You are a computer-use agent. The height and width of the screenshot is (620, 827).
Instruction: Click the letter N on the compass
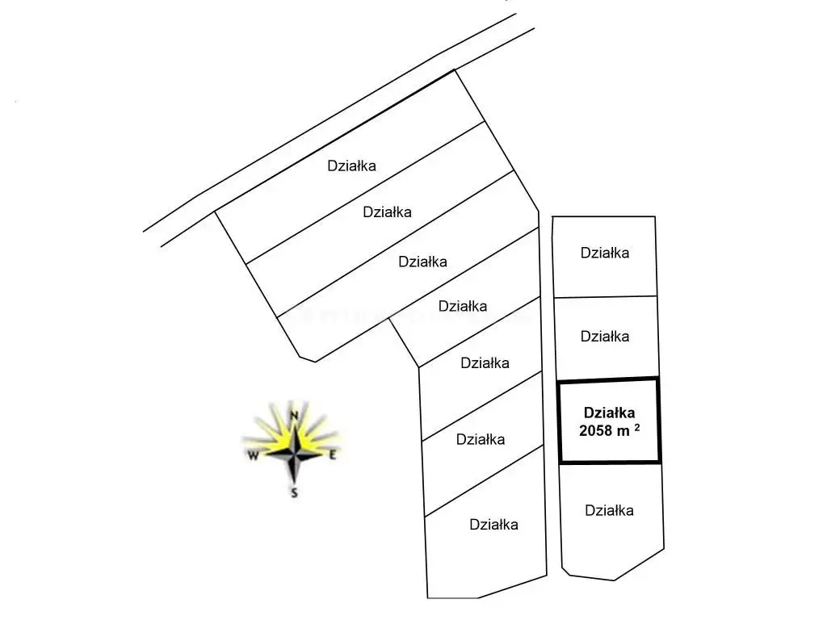point(295,415)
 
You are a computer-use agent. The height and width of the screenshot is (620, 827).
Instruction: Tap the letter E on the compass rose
point(332,455)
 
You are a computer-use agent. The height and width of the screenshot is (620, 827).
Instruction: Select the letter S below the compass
point(295,492)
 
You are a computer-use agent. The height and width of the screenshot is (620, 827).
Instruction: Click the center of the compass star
point(296,452)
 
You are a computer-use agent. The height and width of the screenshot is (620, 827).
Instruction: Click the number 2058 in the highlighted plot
point(597,431)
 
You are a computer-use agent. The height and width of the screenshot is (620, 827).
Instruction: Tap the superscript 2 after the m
point(637,428)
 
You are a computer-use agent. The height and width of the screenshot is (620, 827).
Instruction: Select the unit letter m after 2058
point(623,431)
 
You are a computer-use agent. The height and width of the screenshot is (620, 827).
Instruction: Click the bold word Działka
point(609,412)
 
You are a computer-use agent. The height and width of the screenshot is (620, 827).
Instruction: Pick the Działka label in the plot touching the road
point(351,165)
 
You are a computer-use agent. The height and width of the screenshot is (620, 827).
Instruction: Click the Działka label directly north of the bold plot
point(605,336)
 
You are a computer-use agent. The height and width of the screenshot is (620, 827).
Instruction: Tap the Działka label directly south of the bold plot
point(609,510)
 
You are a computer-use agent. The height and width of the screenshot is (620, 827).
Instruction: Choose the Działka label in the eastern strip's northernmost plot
point(605,253)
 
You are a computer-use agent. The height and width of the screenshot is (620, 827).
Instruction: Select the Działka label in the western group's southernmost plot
point(493,525)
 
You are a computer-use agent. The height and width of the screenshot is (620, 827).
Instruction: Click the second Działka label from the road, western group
point(388,212)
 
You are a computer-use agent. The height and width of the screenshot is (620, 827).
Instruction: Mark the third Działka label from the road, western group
point(423,262)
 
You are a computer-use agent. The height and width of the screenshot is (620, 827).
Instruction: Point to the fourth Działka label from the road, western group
point(462,306)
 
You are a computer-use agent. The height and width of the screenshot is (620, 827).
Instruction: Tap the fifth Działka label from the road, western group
point(485,363)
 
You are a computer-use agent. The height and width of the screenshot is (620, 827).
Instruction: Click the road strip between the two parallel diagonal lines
point(339,133)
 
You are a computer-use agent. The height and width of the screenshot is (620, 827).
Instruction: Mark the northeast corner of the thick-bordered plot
point(658,379)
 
